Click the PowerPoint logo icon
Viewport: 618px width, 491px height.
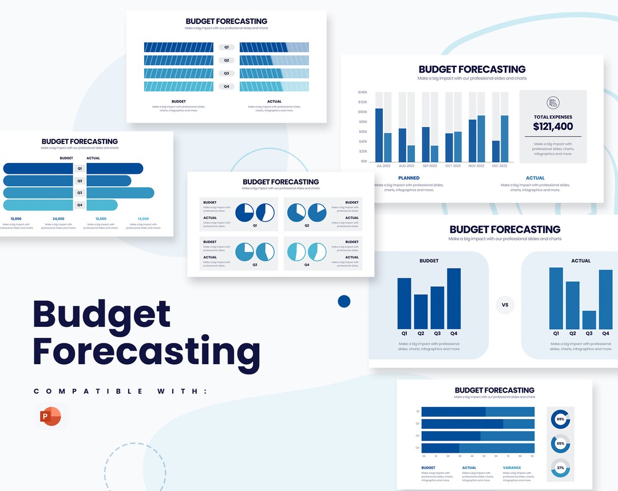50,417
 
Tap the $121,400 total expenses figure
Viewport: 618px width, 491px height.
553,127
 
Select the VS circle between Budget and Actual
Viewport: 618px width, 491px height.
505,305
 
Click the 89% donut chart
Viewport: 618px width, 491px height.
560,419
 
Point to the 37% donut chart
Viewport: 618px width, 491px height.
560,468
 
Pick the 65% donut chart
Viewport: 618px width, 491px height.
560,444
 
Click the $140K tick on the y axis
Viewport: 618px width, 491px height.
363,92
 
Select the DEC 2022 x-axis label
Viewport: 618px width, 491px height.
499,166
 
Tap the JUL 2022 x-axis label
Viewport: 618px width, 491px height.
383,166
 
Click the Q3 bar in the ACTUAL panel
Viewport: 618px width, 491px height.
589,320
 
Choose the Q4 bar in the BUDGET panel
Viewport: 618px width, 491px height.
454,298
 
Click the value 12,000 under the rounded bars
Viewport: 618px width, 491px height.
16,218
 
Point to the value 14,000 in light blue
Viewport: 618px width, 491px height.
143,218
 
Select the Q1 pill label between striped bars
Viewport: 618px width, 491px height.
227,47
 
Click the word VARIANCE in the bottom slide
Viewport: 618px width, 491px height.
512,468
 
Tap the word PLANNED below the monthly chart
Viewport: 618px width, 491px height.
409,178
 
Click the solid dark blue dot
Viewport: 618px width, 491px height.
344,301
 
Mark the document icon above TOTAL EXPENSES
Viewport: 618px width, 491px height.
553,103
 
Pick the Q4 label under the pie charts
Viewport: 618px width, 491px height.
307,265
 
